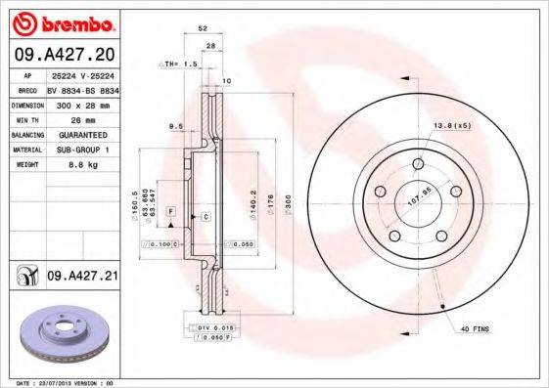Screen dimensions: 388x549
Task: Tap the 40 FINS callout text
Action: (x=474, y=329)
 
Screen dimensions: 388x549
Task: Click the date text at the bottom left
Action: (x=59, y=382)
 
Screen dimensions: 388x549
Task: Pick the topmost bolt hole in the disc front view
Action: (x=418, y=163)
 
